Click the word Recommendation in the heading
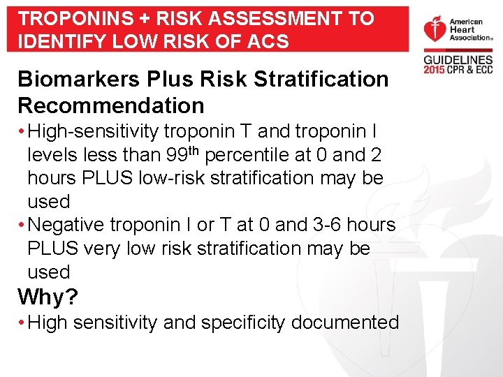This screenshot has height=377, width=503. [x=111, y=105]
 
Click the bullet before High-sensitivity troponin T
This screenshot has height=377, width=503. [x=22, y=131]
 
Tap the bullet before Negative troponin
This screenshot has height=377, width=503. [x=22, y=225]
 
